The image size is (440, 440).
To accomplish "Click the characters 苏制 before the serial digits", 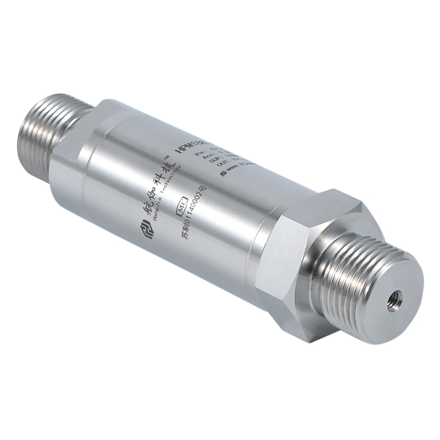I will coord(184,236).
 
